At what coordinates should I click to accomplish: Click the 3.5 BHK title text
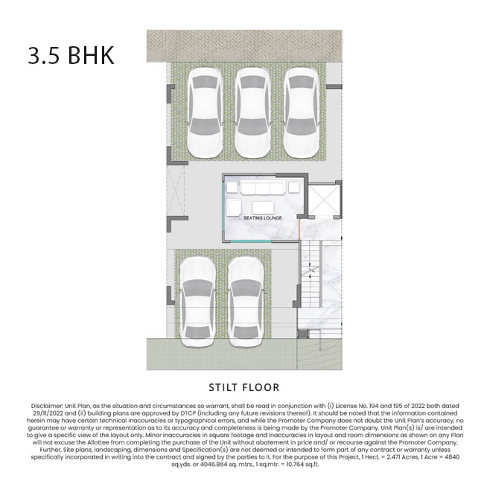tap(71, 55)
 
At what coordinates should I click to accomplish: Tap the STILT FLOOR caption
tap(243, 387)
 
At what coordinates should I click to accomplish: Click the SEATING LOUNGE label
tap(262, 218)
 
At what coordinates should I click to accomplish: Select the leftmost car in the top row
tap(205, 112)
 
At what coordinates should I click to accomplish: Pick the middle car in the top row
tap(252, 112)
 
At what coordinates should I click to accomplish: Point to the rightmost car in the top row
tap(301, 112)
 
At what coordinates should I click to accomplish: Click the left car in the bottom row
tap(197, 302)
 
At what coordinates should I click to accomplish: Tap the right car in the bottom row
tap(246, 302)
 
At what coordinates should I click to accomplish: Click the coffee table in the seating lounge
tap(263, 208)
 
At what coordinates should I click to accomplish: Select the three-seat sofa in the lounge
tap(262, 188)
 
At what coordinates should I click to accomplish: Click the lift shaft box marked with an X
tap(324, 200)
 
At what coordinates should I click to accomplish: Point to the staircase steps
tap(310, 274)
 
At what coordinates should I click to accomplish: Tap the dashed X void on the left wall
tap(176, 191)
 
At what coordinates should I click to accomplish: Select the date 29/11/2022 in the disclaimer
tap(48, 413)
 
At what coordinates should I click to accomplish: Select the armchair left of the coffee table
tap(234, 207)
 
